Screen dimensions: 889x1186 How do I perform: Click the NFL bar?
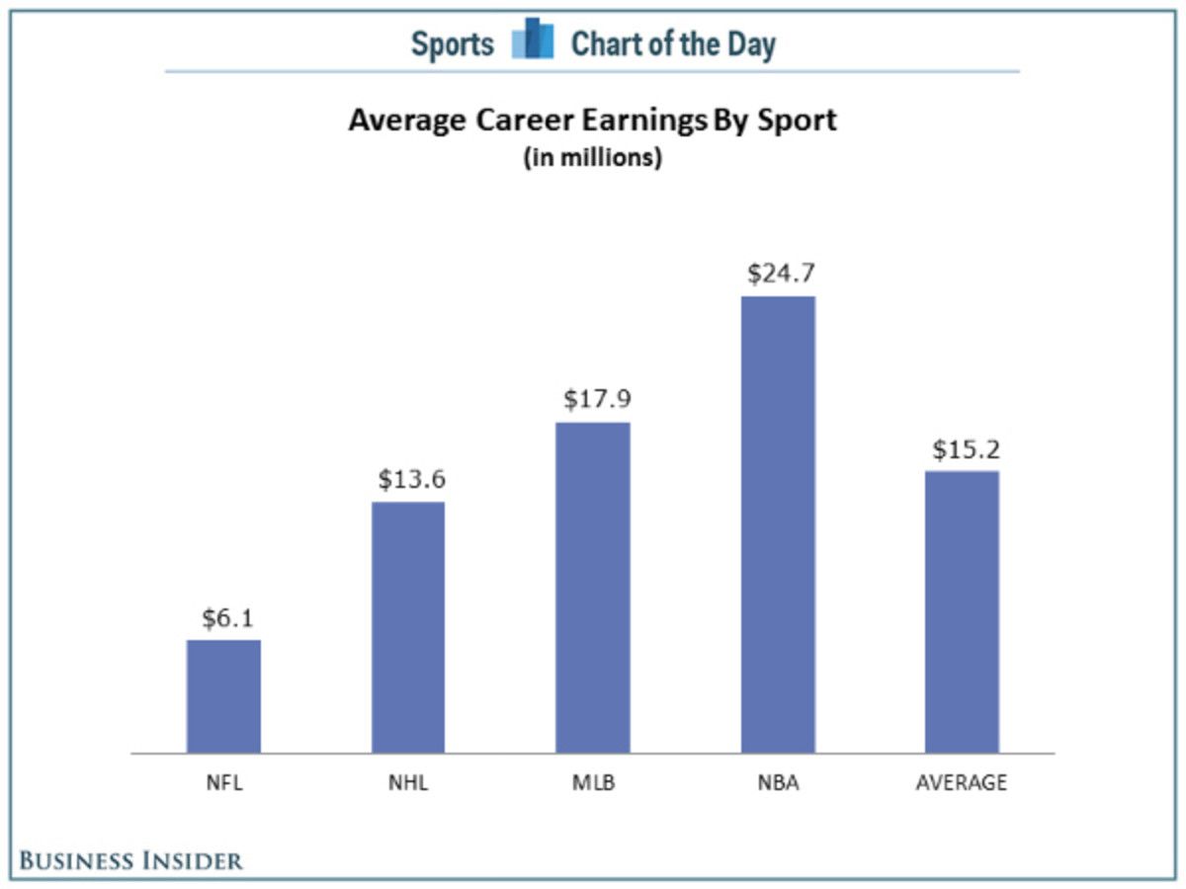[223, 696]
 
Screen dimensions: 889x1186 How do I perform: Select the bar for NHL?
[408, 627]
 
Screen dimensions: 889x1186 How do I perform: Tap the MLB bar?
[592, 588]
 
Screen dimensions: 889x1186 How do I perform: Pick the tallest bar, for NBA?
[778, 525]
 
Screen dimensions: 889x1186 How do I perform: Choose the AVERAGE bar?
[962, 611]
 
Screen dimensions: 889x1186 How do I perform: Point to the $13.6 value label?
[411, 479]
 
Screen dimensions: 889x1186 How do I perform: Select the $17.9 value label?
[597, 399]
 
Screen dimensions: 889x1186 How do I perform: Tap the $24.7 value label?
[781, 273]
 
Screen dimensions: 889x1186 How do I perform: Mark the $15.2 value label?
[966, 449]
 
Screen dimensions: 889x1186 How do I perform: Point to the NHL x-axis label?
[407, 783]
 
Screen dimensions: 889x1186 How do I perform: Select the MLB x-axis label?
[593, 783]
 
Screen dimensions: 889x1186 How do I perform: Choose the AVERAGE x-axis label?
[962, 783]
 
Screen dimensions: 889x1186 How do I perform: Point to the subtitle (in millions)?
[592, 157]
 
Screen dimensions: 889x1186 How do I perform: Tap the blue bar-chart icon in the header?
[532, 41]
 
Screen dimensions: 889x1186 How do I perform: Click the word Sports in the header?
[453, 44]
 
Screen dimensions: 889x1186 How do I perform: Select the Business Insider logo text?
[131, 860]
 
